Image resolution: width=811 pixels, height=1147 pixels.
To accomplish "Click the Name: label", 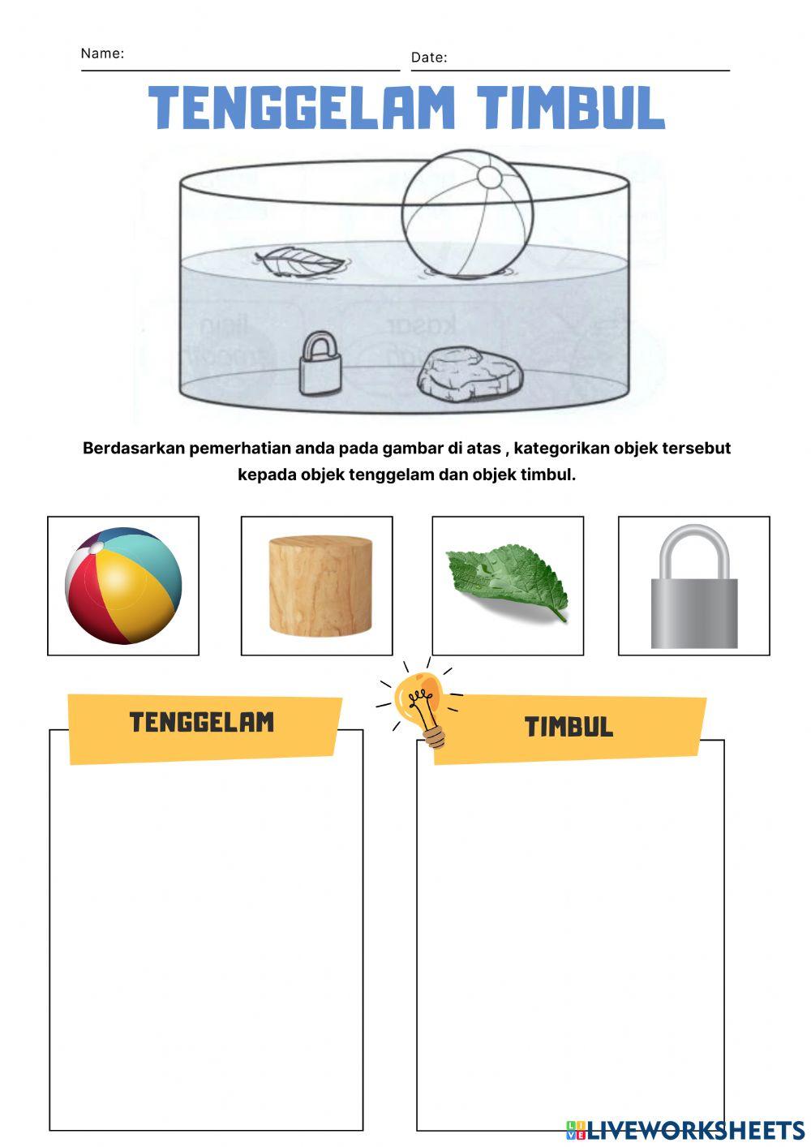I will pyautogui.click(x=102, y=54).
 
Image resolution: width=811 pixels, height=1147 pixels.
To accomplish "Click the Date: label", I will pyautogui.click(x=429, y=58).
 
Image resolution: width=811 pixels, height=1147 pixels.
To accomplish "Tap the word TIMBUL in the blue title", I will pyautogui.click(x=570, y=109).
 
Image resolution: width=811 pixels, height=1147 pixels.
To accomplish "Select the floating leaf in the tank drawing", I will pyautogui.click(x=298, y=261).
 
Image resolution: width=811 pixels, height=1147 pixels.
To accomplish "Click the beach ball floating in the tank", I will pyautogui.click(x=468, y=213).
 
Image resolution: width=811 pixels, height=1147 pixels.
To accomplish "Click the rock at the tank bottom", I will pyautogui.click(x=469, y=374).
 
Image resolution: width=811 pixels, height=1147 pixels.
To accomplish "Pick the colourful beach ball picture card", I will pyautogui.click(x=123, y=586).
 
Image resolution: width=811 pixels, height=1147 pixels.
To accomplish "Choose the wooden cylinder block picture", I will pyautogui.click(x=320, y=585).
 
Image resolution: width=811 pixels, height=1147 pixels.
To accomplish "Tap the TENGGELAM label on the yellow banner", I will pyautogui.click(x=202, y=722).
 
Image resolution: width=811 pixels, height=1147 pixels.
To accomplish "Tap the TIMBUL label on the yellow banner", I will pyautogui.click(x=569, y=726).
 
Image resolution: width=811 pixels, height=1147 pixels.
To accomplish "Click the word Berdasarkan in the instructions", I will pyautogui.click(x=134, y=448).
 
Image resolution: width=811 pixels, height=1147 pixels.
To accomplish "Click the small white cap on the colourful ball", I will pyautogui.click(x=96, y=549).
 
